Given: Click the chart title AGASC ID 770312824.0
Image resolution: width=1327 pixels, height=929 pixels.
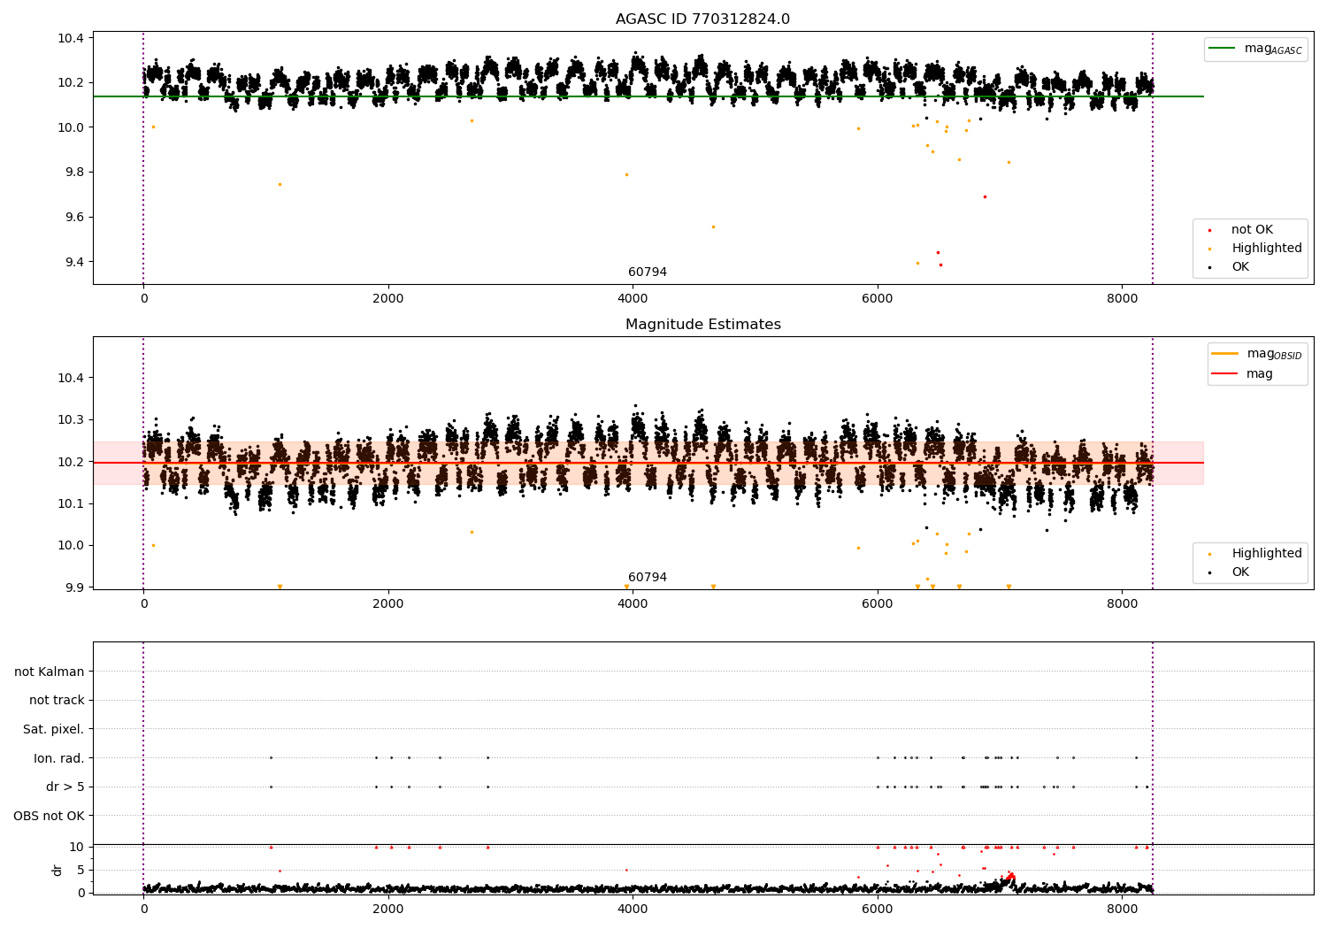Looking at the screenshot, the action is (702, 19).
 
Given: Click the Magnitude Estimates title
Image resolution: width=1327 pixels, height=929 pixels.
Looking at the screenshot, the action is (703, 324).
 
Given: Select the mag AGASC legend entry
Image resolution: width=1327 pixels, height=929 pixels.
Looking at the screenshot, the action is (1255, 49).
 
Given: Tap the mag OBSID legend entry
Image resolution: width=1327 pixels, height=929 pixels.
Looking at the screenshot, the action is (1256, 354).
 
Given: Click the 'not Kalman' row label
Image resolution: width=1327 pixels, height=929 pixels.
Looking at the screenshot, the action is (50, 672).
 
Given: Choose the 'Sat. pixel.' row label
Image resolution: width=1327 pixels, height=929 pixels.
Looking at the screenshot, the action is (53, 729).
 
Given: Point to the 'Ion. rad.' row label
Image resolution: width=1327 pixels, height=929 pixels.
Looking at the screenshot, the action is (58, 757).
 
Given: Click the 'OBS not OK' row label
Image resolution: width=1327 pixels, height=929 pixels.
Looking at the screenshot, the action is (50, 816).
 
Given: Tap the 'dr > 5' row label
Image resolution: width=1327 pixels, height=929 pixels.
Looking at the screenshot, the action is (65, 787).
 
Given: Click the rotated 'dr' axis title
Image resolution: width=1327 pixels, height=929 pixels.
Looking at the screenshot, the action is (57, 870).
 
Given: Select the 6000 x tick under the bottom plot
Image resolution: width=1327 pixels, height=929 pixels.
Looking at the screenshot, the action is (878, 909).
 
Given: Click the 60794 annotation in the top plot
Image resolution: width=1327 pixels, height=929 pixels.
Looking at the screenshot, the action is (648, 272).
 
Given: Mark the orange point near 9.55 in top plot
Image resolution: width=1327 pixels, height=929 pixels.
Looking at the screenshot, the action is (713, 226).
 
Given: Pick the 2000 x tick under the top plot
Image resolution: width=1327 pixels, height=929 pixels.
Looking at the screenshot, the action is (388, 299).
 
